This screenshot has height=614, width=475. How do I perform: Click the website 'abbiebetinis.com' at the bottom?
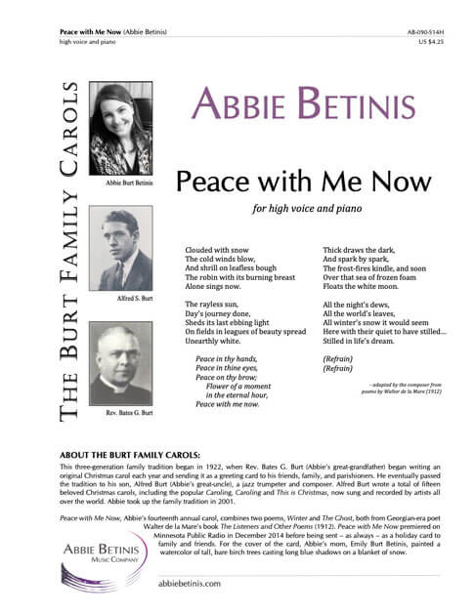click(x=192, y=583)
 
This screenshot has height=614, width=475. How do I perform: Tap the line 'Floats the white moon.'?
click(x=360, y=286)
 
